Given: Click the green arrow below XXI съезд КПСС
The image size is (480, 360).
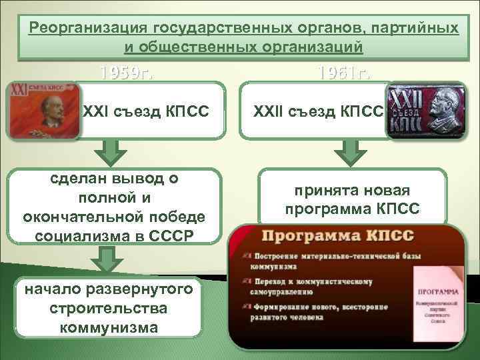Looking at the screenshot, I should (x=111, y=151).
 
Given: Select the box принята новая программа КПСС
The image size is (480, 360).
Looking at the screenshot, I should (x=352, y=199).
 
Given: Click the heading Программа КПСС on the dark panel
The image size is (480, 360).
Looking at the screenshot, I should (x=339, y=237).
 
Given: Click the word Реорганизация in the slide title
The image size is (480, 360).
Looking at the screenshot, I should (x=89, y=29).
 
